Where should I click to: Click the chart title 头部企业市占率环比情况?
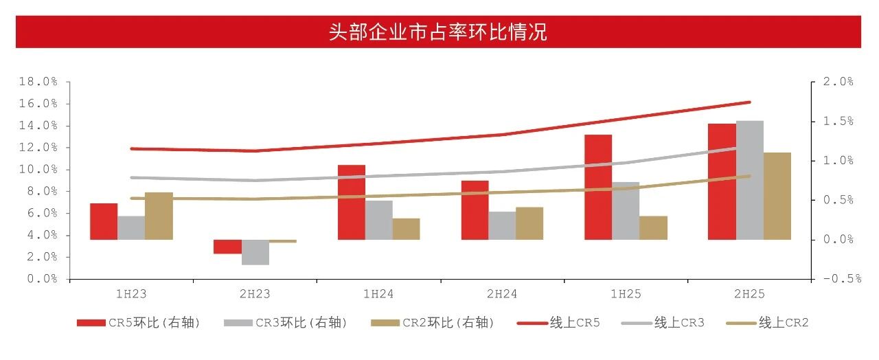coord(438,32)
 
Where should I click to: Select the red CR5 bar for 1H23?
coord(104,221)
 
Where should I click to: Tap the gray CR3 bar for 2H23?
coord(255,252)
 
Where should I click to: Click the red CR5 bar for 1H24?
coord(351,202)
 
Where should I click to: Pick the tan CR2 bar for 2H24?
coord(529,223)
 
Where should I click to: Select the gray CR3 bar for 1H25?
coord(626,211)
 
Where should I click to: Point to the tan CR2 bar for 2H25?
coord(777,196)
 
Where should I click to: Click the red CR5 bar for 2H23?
coord(227,247)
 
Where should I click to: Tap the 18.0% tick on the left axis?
coord(38,82)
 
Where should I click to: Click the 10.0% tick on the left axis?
coord(38,169)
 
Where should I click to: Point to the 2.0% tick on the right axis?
coord(837,82)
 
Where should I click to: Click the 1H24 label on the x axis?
coord(378,294)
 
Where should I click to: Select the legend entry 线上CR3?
coord(679,323)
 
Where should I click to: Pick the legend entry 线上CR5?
coord(575,323)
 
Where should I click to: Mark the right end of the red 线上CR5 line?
coord(749,102)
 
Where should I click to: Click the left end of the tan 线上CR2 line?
coord(132,198)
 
